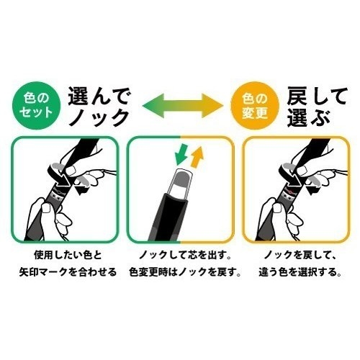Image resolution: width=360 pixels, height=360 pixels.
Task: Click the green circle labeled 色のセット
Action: click(x=36, y=106)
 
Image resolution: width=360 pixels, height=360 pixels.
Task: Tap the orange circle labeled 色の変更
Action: click(x=255, y=106)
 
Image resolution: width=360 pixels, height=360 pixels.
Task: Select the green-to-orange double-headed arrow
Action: click(x=183, y=106)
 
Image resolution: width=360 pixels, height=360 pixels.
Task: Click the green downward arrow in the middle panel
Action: click(x=181, y=154)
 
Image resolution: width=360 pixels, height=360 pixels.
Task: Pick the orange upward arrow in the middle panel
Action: click(x=197, y=157)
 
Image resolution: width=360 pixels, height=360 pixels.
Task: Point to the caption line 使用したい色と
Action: click(x=68, y=255)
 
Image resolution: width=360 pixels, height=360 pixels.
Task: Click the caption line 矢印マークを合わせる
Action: click(x=68, y=272)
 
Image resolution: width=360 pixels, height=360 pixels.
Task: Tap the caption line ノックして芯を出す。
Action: click(x=185, y=255)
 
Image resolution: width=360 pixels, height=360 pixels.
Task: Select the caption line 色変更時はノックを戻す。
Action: click(x=185, y=272)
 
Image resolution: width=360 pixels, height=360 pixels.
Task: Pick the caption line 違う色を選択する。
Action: click(x=300, y=272)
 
